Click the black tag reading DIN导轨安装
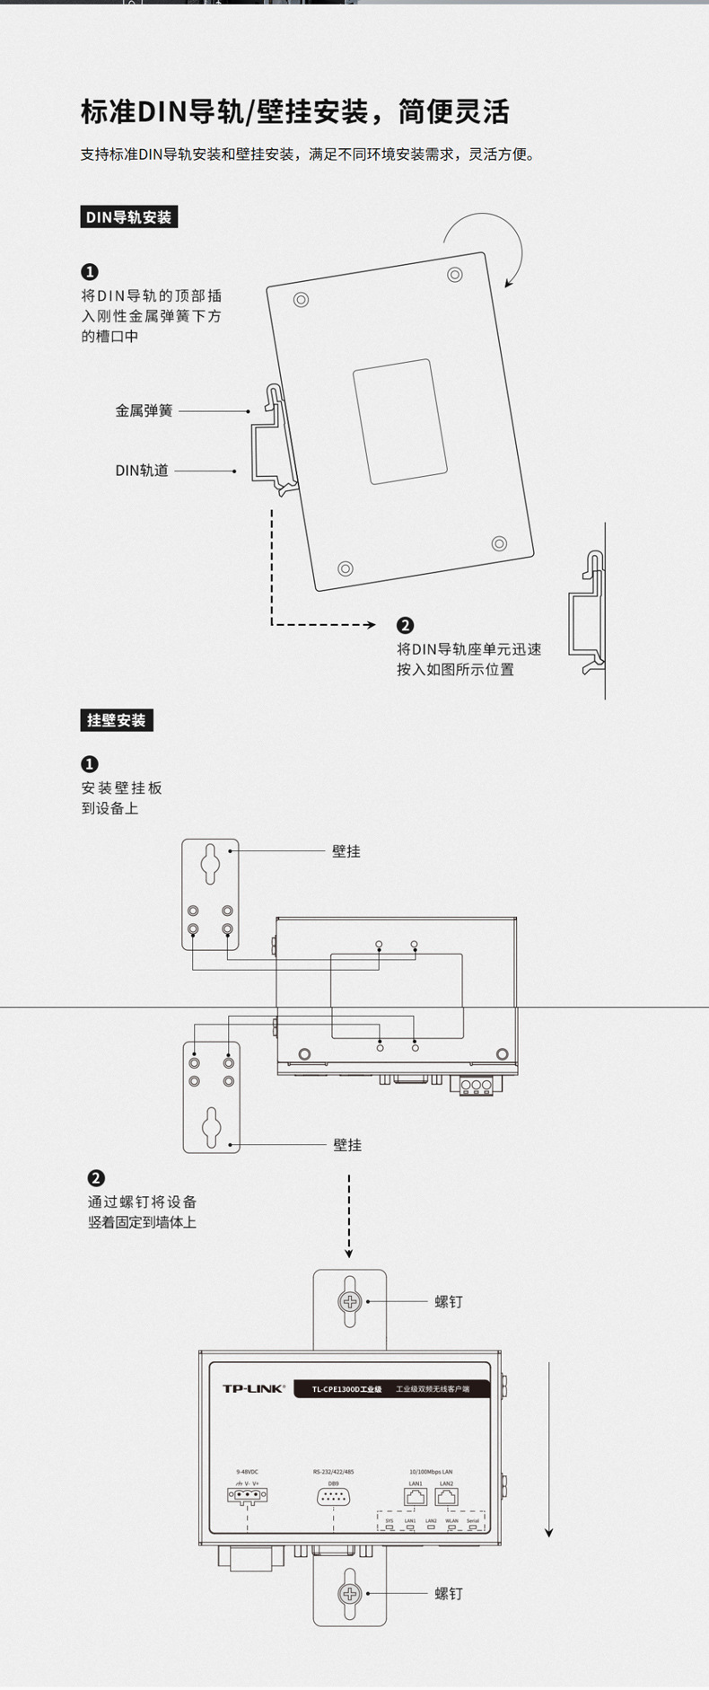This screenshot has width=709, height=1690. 128,217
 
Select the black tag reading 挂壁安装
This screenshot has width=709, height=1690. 116,720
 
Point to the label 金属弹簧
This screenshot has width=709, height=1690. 144,410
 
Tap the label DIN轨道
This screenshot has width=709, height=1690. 142,470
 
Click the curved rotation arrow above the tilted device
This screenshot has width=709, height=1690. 489,235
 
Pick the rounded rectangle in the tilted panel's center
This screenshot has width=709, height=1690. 399,421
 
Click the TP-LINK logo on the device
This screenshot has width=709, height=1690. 253,1388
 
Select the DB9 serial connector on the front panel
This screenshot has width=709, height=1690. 333,1496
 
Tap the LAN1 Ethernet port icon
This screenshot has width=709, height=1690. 416,1496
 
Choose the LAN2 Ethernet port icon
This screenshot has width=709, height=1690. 446,1496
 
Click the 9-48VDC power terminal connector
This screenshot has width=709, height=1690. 247,1495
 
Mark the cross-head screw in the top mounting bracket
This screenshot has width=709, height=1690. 349,1302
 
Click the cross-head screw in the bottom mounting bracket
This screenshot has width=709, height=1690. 349,1594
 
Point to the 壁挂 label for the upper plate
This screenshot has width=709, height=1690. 346,851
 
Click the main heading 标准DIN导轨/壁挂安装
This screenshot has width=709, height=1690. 295,111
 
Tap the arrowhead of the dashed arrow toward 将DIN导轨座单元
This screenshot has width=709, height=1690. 370,625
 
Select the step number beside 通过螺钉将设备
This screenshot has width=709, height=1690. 96,1178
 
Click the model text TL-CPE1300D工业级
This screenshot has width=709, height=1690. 346,1389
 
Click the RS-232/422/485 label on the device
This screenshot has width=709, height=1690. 333,1472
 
